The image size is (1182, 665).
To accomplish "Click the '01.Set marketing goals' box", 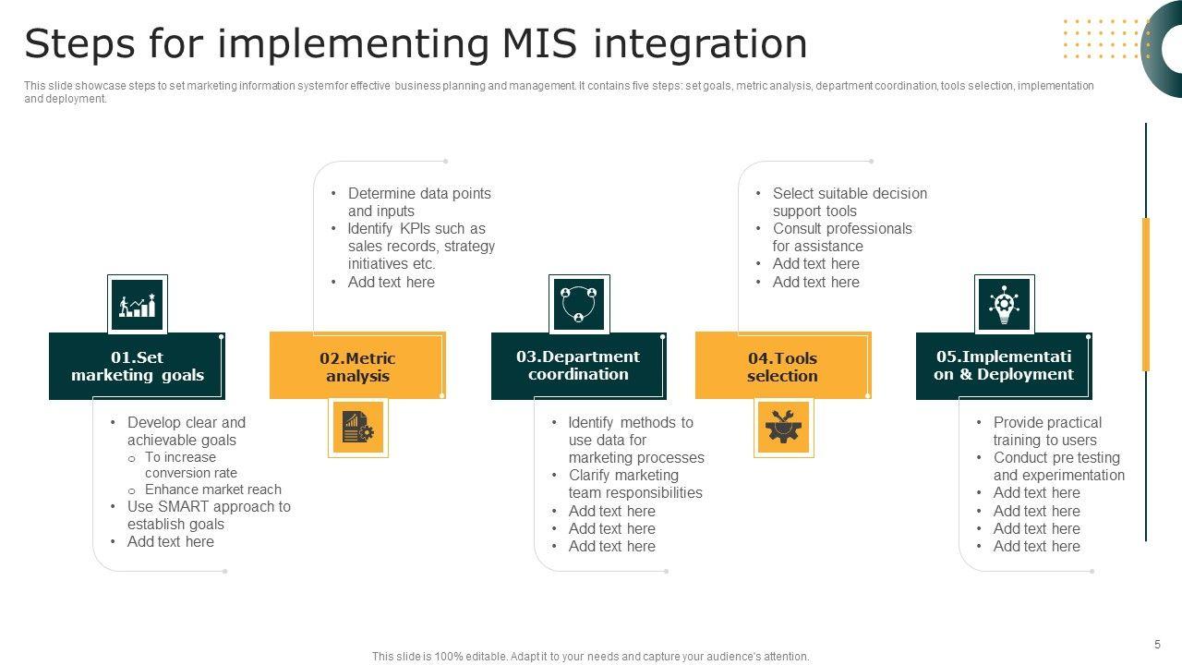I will (137, 367).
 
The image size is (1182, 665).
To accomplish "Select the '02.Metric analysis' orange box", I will (357, 367).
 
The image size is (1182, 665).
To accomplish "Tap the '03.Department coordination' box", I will (578, 366).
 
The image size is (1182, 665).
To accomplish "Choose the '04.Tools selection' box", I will (782, 367).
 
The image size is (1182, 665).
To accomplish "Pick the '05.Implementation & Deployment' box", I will (1003, 366).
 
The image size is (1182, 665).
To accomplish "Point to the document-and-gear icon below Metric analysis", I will (358, 428).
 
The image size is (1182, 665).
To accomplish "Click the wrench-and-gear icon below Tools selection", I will (783, 428).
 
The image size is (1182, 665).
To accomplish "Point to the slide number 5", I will (1157, 645).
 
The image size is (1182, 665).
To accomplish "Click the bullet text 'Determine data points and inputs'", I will (419, 202).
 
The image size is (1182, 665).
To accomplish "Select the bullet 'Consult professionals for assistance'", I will (841, 237).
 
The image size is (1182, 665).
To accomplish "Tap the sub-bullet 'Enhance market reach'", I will (212, 490).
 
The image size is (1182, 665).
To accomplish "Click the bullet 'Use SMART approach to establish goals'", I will (209, 515).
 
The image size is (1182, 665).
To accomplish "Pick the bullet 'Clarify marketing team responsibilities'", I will (635, 484).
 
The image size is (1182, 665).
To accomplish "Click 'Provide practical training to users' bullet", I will (1047, 431).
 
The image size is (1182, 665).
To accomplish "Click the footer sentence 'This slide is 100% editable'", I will (590, 657).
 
